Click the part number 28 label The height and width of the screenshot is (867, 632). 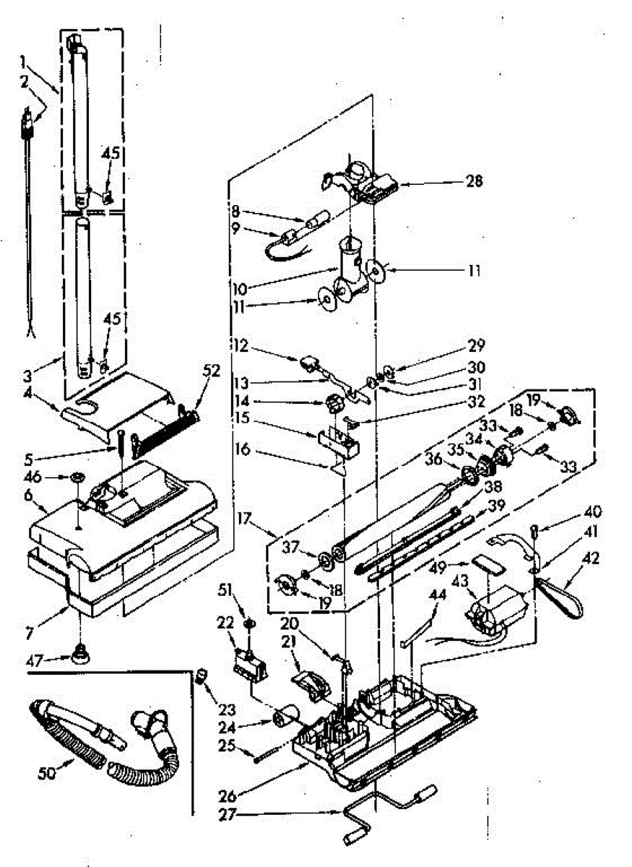click(474, 181)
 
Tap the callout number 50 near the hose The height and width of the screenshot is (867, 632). click(47, 773)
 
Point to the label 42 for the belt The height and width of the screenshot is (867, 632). click(591, 558)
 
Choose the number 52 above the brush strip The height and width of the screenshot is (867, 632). click(210, 371)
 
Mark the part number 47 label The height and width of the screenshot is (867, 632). click(35, 660)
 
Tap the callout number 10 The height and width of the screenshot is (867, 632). click(240, 288)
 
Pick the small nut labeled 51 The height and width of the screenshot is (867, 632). click(250, 624)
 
